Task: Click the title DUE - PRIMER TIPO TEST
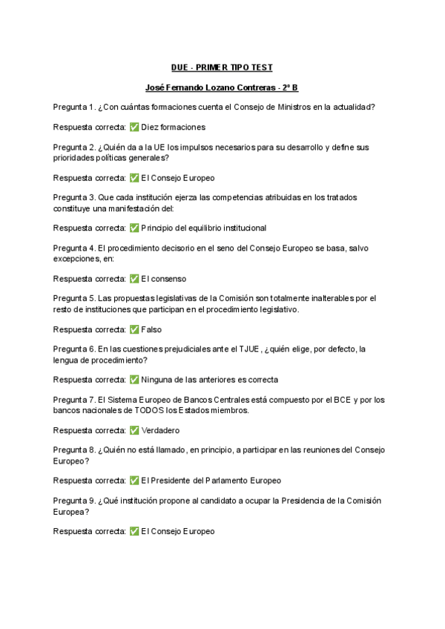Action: click(x=222, y=67)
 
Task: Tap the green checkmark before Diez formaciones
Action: click(x=134, y=127)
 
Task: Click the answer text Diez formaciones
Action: click(x=173, y=127)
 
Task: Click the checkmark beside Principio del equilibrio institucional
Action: click(x=134, y=228)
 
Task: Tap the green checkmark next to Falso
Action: click(x=134, y=329)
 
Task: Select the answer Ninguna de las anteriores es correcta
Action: click(x=209, y=380)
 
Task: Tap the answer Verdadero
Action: click(x=160, y=430)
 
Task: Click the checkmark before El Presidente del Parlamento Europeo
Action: click(x=134, y=481)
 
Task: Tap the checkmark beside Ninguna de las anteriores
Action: click(x=134, y=380)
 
